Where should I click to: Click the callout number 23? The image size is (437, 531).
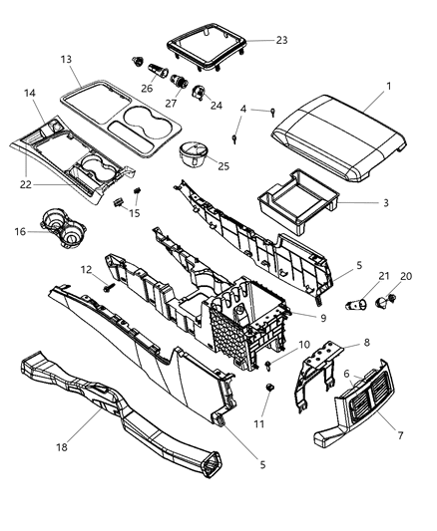click(281, 41)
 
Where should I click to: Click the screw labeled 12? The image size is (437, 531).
click(105, 287)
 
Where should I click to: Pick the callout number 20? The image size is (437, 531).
click(405, 276)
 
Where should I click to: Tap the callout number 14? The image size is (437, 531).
click(31, 93)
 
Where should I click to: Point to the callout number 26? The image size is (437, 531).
click(148, 87)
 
